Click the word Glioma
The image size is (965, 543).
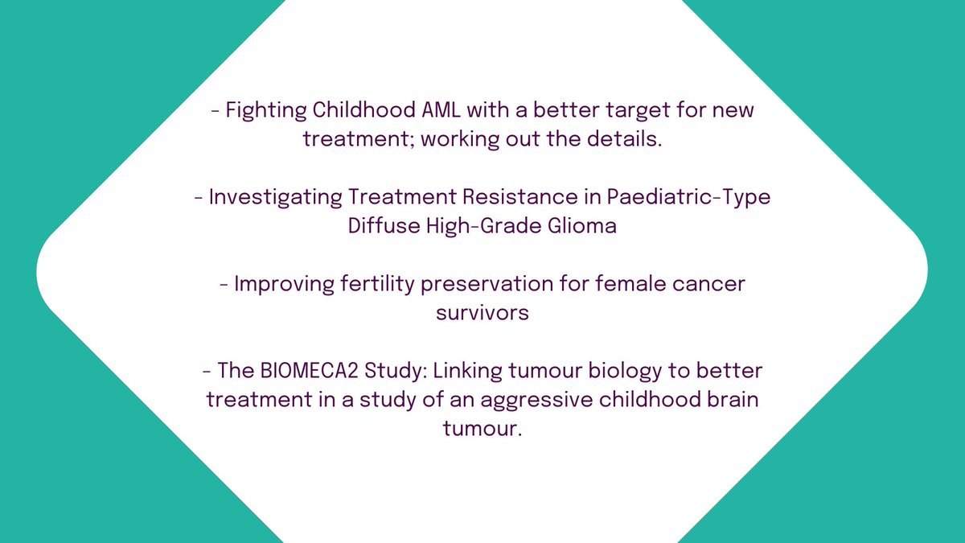583,226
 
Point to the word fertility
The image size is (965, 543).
371,286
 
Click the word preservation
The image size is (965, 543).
485,286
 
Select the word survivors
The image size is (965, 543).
482,313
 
